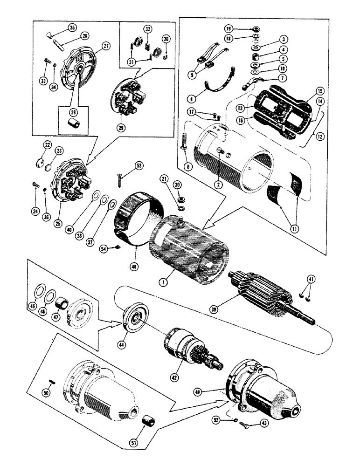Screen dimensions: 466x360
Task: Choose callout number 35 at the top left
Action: [x=72, y=27]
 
